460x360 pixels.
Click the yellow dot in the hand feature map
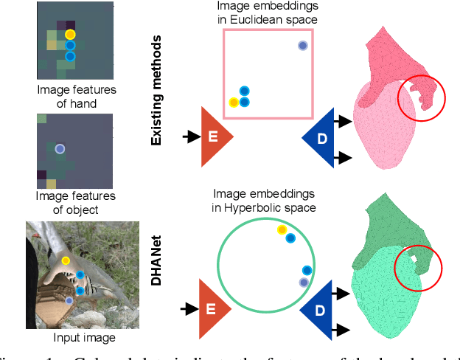[69, 34]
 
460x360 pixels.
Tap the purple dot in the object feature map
[60, 148]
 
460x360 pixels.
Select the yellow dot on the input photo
[66, 260]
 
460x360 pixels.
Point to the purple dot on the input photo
[69, 300]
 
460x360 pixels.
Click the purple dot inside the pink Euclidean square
[302, 46]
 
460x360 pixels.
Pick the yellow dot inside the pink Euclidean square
[234, 103]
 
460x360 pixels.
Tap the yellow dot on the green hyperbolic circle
[281, 231]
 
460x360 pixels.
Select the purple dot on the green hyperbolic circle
[303, 282]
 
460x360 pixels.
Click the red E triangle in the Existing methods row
[215, 136]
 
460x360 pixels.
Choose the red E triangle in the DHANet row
[215, 304]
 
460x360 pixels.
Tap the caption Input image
[85, 338]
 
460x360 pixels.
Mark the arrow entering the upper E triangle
[190, 136]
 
